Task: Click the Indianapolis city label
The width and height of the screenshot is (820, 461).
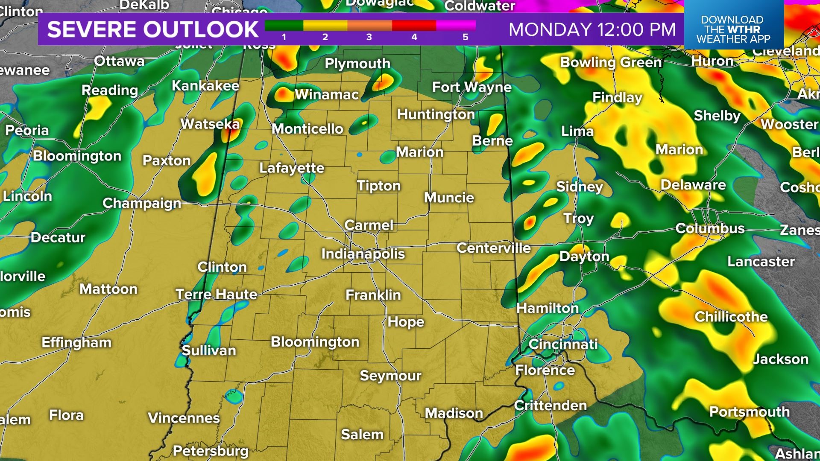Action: pyautogui.click(x=363, y=254)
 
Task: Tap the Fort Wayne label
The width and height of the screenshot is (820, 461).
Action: pyautogui.click(x=471, y=88)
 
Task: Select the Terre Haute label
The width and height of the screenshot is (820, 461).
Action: pyautogui.click(x=217, y=294)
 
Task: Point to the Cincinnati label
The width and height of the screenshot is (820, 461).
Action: pyautogui.click(x=563, y=344)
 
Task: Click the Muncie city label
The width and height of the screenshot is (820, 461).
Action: pyautogui.click(x=449, y=198)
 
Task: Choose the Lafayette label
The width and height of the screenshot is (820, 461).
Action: pyautogui.click(x=292, y=168)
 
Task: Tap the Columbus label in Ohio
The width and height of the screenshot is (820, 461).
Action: pyautogui.click(x=710, y=228)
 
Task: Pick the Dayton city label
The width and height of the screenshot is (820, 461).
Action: pyautogui.click(x=584, y=256)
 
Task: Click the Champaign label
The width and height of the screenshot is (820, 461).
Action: pyautogui.click(x=142, y=203)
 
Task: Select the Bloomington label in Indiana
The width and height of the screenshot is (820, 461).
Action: pyautogui.click(x=315, y=342)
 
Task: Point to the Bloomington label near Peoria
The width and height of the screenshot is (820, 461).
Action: pyautogui.click(x=77, y=156)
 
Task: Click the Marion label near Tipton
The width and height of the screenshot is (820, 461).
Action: pyautogui.click(x=419, y=152)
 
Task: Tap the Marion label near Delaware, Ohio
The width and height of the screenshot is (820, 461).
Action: pyautogui.click(x=679, y=150)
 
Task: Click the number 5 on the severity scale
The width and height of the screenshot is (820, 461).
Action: pyautogui.click(x=466, y=37)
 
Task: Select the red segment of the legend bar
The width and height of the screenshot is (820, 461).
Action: pyautogui.click(x=413, y=26)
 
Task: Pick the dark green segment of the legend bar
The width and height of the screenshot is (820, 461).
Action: pyautogui.click(x=284, y=26)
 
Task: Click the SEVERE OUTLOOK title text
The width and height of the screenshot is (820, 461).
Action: pyautogui.click(x=152, y=29)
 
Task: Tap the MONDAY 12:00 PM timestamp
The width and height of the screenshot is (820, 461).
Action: pyautogui.click(x=592, y=29)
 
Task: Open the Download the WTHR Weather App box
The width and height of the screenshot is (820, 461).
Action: pyautogui.click(x=733, y=29)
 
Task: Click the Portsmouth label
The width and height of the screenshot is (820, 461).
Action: pyautogui.click(x=749, y=412)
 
